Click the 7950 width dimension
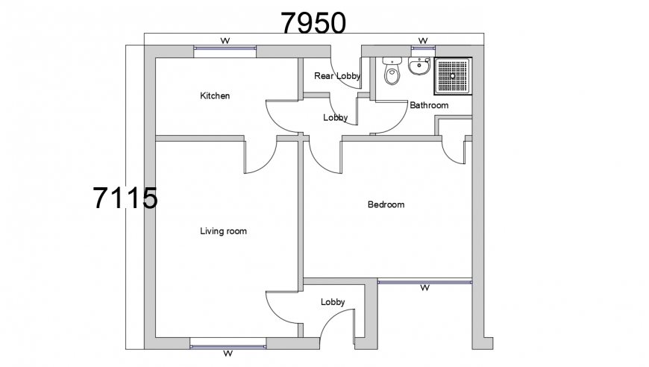coord(313,23)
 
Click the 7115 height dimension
coord(125,199)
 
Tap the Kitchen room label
coord(215,96)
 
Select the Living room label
coord(223,231)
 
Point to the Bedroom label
coord(386,204)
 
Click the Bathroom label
coord(429,106)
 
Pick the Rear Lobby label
coord(337,76)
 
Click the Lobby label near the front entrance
coord(333,302)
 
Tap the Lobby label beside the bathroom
coord(335,118)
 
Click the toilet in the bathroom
coord(392,72)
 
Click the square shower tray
coord(453,78)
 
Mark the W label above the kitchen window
coord(225,40)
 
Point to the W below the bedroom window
coord(425,288)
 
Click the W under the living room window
coord(228,354)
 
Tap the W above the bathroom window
coord(422,40)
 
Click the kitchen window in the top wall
coord(225,50)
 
